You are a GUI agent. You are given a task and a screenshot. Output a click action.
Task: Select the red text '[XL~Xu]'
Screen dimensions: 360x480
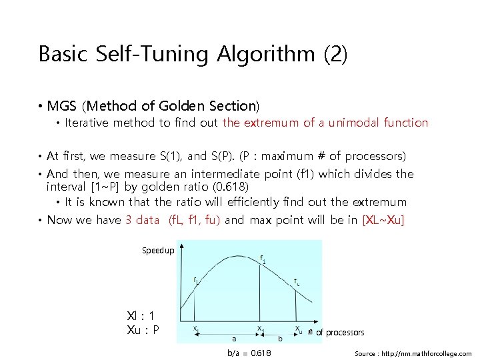[x=383, y=220]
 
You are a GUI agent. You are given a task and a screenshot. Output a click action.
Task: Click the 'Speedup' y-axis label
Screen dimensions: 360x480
[x=158, y=251]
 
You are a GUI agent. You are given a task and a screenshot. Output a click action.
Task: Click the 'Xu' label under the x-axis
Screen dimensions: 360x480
[x=299, y=329]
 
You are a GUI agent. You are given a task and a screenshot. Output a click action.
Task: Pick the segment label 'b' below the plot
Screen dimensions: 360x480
[x=280, y=338]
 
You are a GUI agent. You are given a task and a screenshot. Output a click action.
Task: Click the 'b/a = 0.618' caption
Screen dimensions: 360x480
[x=249, y=353]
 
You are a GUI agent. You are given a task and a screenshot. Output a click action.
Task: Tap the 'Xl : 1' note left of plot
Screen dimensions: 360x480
[x=141, y=316]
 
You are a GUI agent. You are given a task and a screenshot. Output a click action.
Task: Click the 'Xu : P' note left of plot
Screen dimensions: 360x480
[x=143, y=329]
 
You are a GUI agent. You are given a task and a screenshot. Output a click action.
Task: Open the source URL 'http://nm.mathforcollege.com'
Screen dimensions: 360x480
[x=428, y=353]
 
